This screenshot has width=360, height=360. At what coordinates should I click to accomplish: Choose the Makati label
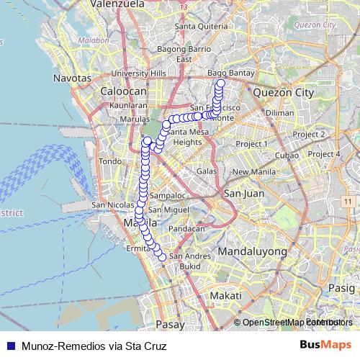click(x=221, y=296)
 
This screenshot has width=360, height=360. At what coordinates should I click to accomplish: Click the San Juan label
click(x=241, y=193)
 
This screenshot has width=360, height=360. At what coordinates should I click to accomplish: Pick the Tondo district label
click(x=110, y=161)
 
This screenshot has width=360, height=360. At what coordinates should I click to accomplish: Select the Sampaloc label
click(x=167, y=194)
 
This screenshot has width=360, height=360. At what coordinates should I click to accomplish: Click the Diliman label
click(x=279, y=113)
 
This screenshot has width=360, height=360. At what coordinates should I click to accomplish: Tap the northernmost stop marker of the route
click(x=220, y=84)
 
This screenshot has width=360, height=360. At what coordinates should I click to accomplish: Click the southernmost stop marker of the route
click(x=162, y=257)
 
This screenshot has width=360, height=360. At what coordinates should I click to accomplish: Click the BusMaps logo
click(x=325, y=345)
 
